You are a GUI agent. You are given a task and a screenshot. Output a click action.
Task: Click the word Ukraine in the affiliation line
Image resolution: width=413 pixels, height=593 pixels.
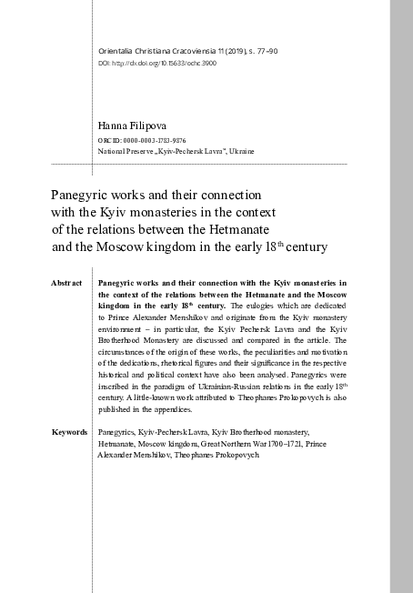[241, 151]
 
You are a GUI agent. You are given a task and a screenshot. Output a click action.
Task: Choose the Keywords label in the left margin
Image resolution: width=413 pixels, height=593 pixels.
[70, 431]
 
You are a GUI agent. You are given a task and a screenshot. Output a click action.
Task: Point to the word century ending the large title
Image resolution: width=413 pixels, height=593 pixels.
[301, 246]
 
